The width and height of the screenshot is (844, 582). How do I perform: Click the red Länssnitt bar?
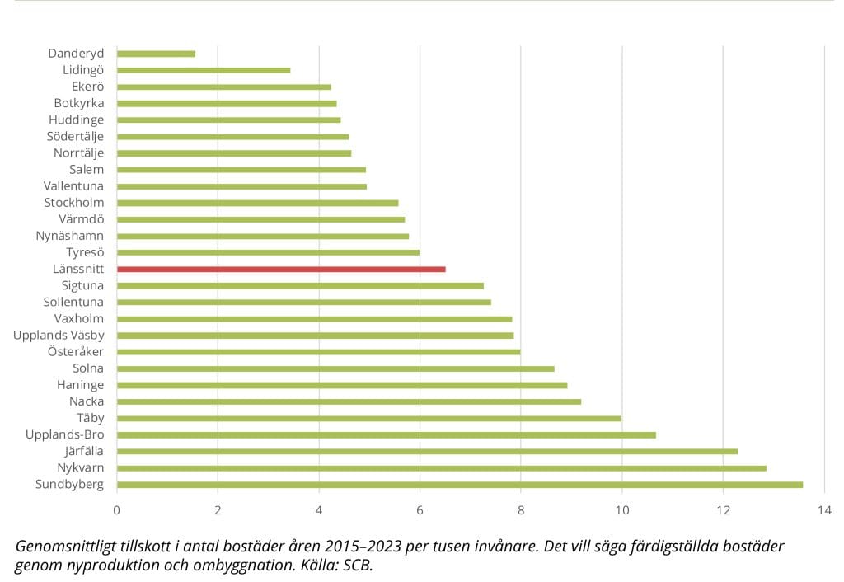pos(281,269)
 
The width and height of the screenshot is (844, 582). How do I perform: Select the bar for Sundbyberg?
pos(460,484)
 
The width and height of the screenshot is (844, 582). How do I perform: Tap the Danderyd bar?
pos(156,54)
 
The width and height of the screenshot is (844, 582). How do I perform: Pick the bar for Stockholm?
pos(257,203)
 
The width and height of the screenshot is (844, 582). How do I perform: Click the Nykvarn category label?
pos(81,467)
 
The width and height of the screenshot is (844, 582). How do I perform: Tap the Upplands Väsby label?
pos(59,335)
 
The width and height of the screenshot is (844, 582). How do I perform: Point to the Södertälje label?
pos(75,136)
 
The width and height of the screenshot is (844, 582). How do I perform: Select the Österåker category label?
pos(77,351)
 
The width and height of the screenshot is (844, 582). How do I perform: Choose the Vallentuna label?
pos(73,185)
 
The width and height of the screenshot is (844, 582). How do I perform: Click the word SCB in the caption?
pos(359,566)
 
